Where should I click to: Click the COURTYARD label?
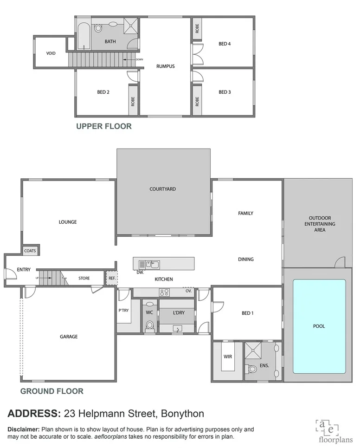(x=162, y=189)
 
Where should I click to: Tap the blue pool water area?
(x=319, y=326)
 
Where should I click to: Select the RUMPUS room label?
(x=165, y=66)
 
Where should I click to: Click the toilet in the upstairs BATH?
(x=98, y=28)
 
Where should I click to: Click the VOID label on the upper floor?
(x=51, y=53)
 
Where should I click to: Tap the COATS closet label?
(x=30, y=251)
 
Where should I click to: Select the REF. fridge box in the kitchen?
(x=112, y=279)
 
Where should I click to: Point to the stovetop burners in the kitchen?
(x=165, y=292)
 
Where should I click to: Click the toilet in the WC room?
(x=149, y=327)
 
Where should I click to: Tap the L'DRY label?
(x=179, y=313)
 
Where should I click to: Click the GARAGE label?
(x=68, y=337)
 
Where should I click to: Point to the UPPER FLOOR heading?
(x=103, y=126)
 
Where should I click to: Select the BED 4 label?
(x=225, y=44)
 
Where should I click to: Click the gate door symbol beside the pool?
(x=341, y=262)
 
